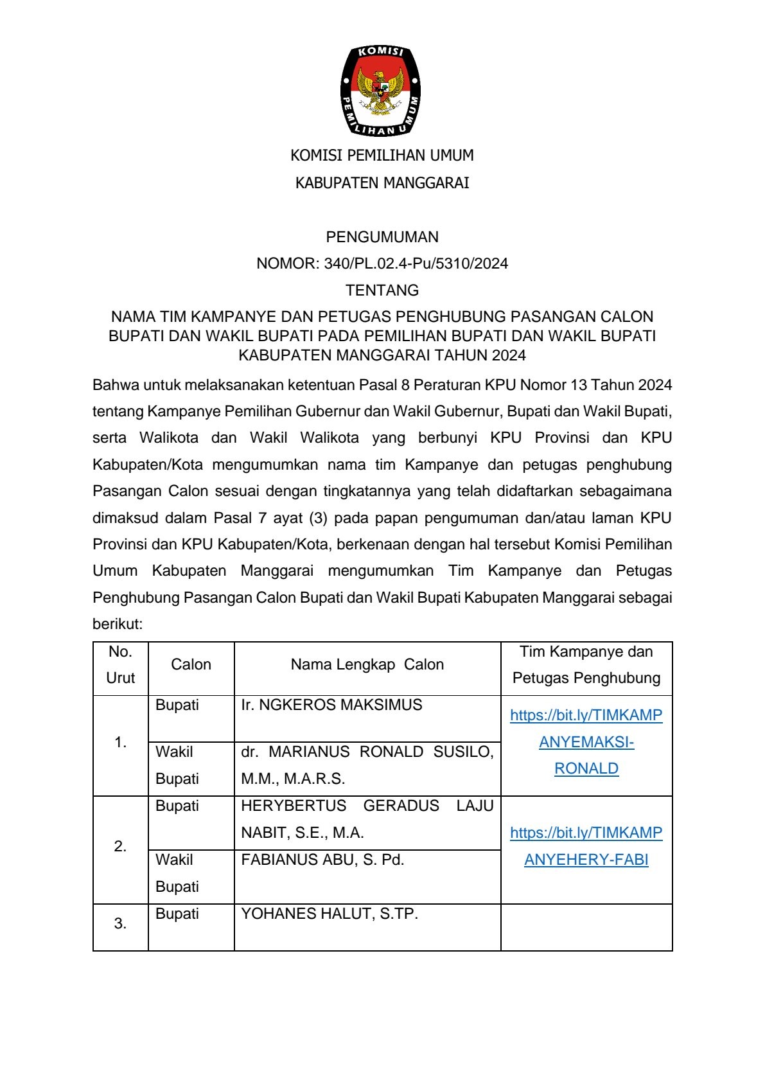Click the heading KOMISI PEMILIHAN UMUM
(382, 155)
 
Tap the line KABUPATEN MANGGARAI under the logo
(382, 183)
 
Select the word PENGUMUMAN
(382, 237)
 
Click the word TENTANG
(382, 290)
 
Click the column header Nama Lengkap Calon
(367, 664)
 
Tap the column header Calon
(191, 664)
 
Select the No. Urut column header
(120, 664)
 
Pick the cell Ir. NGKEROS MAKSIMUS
(331, 705)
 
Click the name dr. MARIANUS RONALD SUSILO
(367, 752)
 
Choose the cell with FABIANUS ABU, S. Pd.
(322, 860)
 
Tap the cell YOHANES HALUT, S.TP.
(330, 914)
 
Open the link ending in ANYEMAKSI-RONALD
(586, 742)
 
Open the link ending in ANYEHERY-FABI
(586, 846)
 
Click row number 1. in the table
(120, 743)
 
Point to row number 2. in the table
(120, 847)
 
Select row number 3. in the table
(120, 924)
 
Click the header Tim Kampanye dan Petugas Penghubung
(586, 664)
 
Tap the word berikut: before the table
(118, 624)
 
